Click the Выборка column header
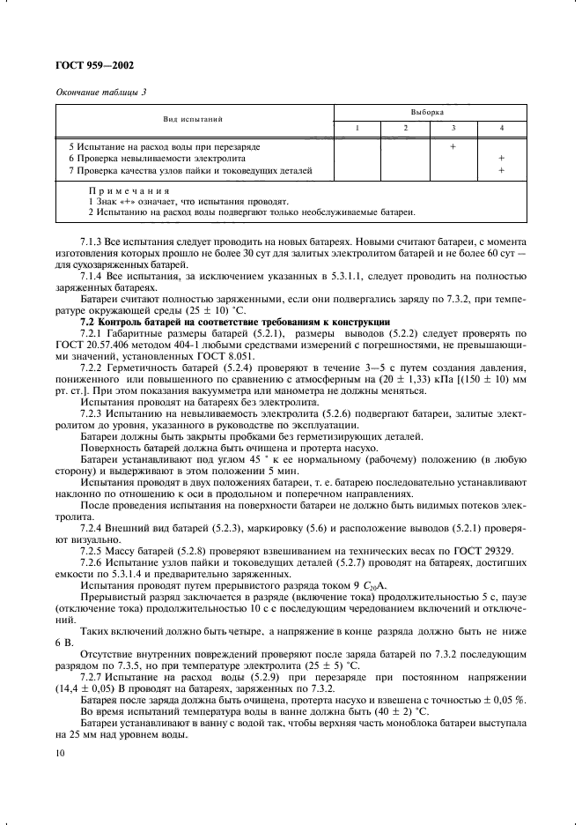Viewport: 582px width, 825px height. [428, 113]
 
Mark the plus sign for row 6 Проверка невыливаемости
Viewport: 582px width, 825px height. [501, 158]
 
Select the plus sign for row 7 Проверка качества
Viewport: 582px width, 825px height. [501, 170]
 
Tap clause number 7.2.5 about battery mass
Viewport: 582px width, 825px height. [94, 548]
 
